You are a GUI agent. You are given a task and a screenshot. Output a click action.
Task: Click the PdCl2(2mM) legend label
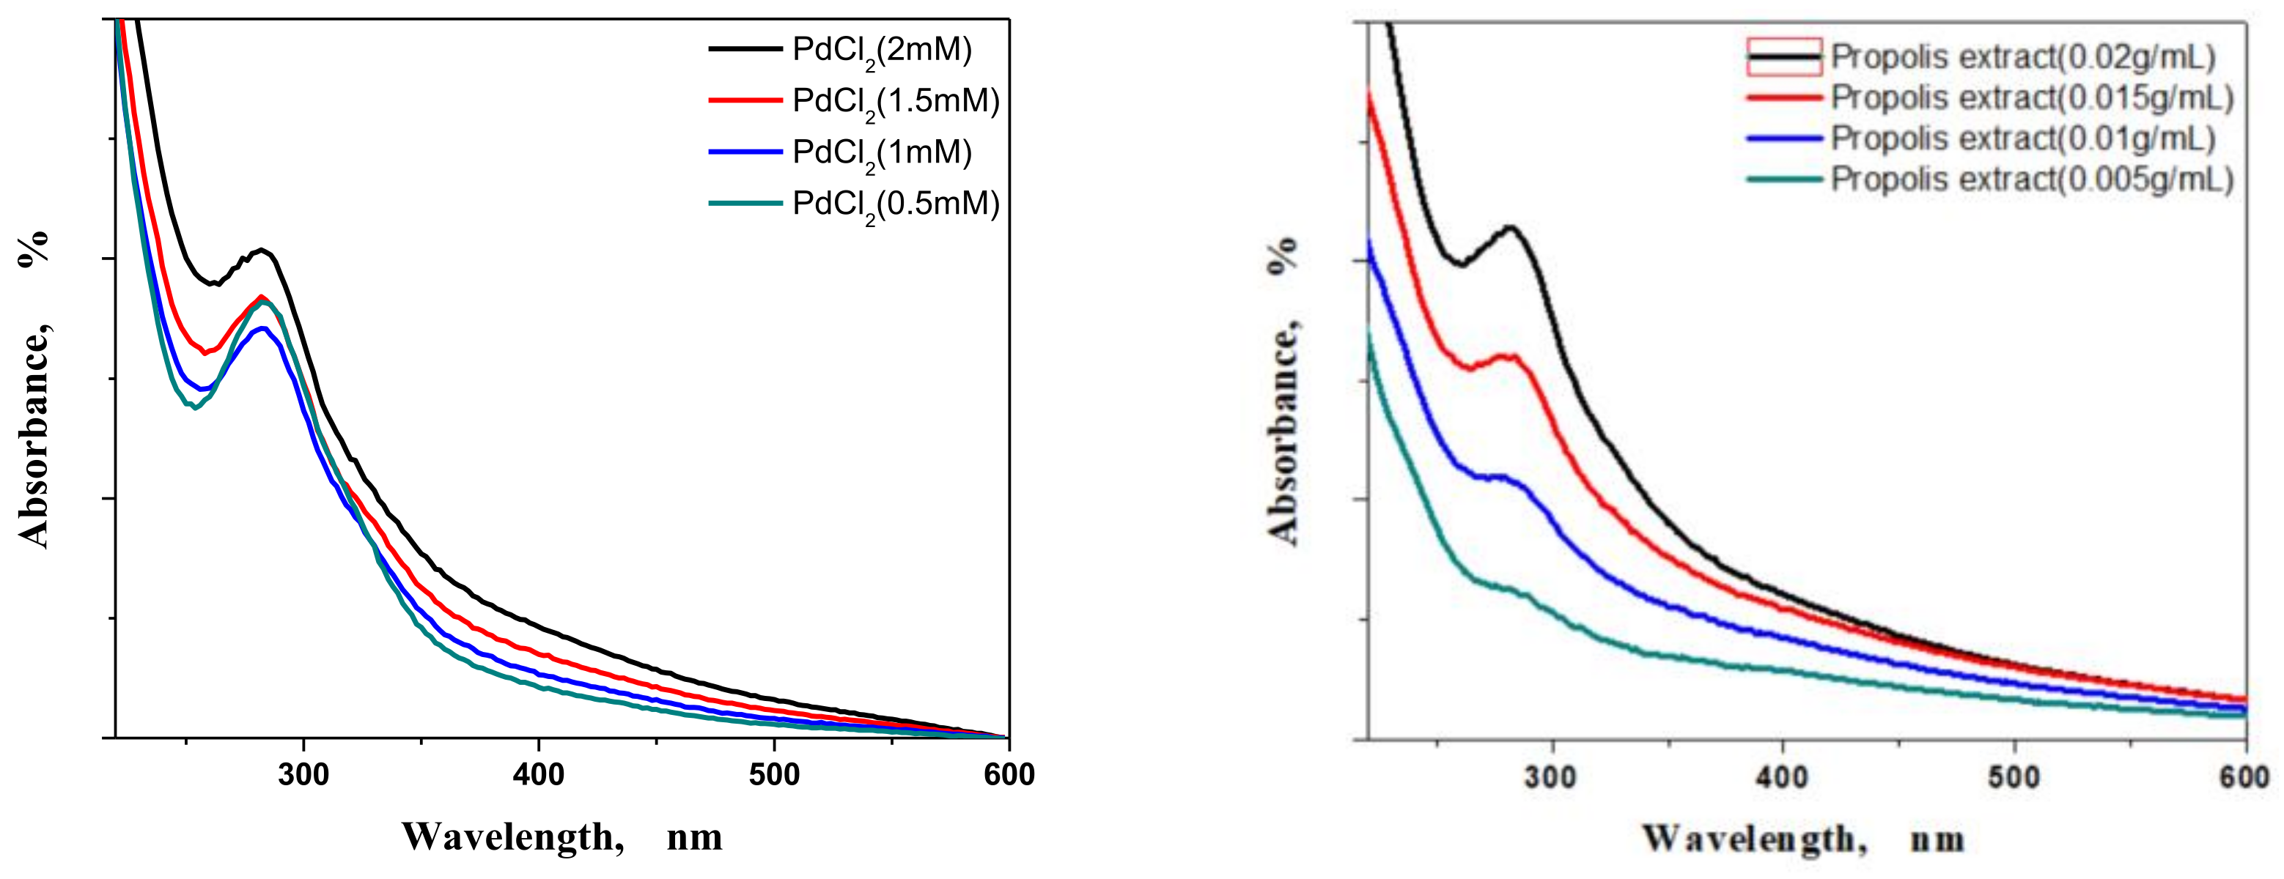(883, 50)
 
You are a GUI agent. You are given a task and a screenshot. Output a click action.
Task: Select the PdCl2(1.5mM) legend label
(896, 101)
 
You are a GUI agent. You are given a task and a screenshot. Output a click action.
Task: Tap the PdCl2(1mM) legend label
(883, 152)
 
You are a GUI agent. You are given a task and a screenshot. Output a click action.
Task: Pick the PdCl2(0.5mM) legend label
(896, 204)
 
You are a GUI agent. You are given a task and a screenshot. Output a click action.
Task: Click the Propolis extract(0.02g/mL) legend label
(2022, 56)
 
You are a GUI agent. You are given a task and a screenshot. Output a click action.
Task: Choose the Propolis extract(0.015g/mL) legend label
(2032, 97)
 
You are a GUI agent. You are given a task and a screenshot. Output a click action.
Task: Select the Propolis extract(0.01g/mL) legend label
(2022, 138)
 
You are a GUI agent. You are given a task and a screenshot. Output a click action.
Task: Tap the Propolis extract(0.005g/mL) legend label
(2032, 179)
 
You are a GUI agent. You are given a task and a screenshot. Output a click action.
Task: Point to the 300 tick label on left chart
(303, 775)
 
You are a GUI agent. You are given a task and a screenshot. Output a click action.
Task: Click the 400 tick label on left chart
(538, 775)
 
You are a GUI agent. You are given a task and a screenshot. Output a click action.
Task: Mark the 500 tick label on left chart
(773, 775)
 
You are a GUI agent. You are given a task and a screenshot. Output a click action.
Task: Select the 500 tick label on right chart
(2014, 778)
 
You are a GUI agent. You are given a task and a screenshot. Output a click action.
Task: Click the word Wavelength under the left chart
(512, 837)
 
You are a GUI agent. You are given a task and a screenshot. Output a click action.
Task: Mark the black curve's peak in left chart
(262, 250)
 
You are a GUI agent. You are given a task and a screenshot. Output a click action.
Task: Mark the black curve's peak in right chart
(1510, 228)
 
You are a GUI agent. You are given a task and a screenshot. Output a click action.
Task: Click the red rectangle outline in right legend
(1784, 56)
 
